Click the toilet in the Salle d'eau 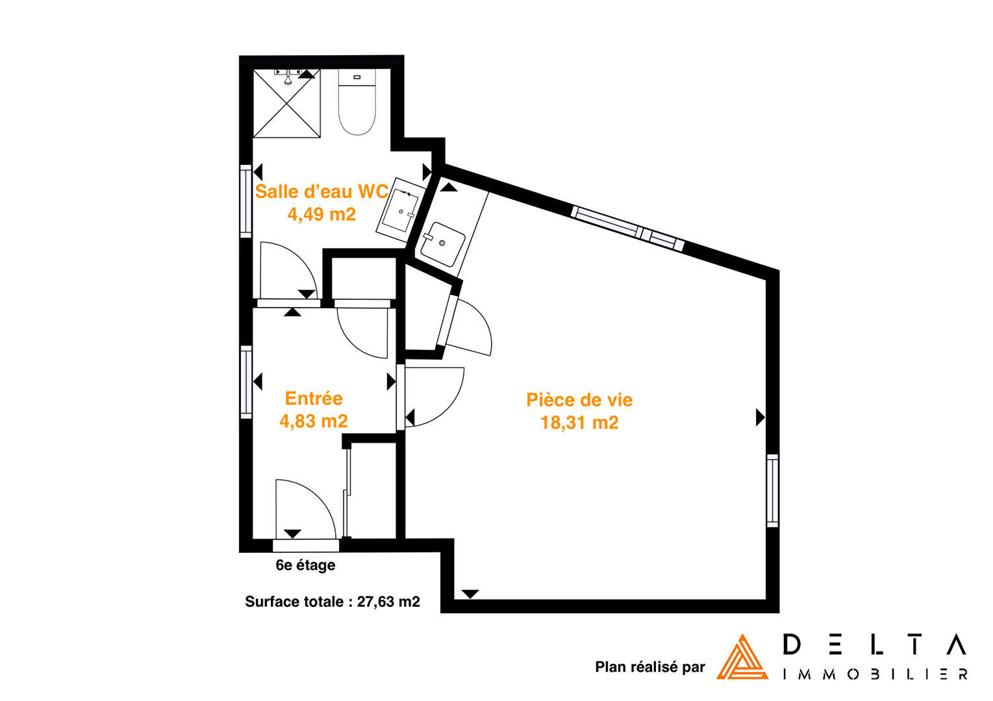[x=357, y=102]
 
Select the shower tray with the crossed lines [x=286, y=103]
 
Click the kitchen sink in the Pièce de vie [x=442, y=243]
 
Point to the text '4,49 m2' [x=321, y=214]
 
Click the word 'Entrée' [x=314, y=399]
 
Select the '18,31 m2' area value [x=579, y=423]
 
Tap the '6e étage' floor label [x=305, y=565]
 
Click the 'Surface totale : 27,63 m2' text [x=332, y=602]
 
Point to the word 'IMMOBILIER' [x=875, y=675]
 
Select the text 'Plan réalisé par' [x=649, y=667]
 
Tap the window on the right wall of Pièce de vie [x=773, y=491]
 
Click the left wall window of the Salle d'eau [x=246, y=201]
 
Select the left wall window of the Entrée [x=246, y=382]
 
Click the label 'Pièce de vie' [x=579, y=400]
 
